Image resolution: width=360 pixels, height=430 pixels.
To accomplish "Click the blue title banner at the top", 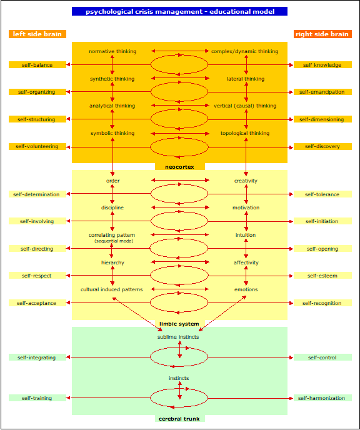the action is (179, 11).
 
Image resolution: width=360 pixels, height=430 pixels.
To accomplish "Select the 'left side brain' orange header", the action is (37, 34).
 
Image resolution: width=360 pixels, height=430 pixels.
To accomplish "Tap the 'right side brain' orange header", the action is (322, 34).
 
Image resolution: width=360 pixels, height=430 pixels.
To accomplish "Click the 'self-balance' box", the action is (37, 65).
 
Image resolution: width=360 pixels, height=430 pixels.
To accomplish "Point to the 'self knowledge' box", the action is (322, 65).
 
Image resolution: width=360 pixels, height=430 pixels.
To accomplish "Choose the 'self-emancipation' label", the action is (322, 92).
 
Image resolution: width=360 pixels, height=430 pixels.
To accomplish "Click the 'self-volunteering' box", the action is (37, 146).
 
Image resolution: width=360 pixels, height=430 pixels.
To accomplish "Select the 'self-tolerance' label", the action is (322, 194).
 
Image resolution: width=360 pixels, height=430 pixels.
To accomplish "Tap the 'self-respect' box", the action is (37, 276).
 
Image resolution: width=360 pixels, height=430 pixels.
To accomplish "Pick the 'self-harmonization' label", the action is (322, 398).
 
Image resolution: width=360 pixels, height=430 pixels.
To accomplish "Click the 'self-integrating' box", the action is (37, 357).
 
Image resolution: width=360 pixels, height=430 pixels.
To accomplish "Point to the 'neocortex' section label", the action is (179, 167).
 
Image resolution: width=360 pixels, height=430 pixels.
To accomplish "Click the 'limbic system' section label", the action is (179, 324).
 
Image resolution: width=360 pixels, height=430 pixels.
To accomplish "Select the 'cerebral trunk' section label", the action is (179, 419).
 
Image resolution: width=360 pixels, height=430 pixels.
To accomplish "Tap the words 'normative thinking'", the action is (112, 51).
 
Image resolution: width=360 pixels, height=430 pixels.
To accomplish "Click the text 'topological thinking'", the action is (245, 133).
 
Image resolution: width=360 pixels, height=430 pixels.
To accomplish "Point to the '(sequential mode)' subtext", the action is (114, 241).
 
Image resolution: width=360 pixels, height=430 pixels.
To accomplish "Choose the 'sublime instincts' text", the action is (178, 337).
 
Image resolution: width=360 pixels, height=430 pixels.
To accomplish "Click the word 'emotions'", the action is (246, 289).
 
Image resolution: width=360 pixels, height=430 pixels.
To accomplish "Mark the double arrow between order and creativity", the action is (180, 180).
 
